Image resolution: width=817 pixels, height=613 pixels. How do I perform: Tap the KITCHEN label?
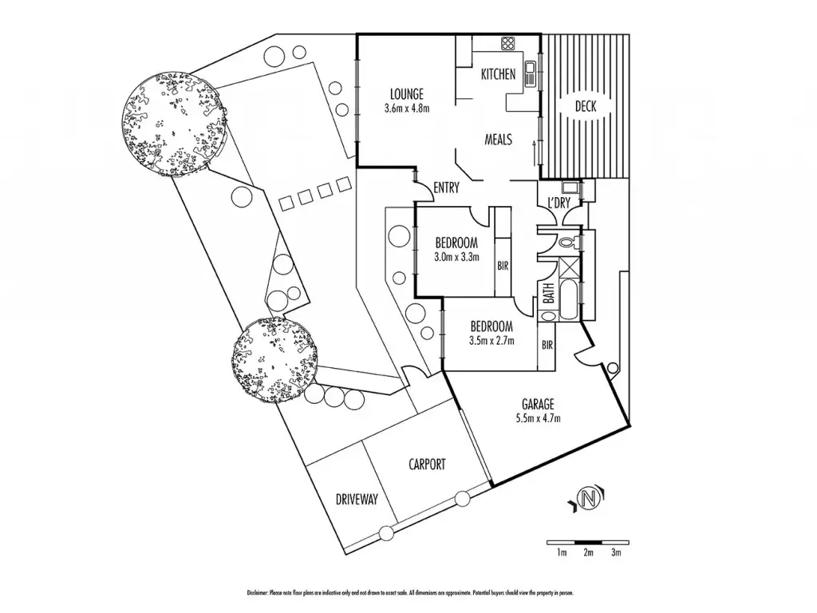[499, 74]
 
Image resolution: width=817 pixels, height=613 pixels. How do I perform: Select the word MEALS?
[499, 139]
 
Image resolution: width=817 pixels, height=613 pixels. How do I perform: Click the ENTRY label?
[446, 188]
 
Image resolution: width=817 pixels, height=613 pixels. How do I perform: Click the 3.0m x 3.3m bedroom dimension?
[456, 257]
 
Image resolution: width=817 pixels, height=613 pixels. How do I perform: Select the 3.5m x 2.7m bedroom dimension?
[491, 340]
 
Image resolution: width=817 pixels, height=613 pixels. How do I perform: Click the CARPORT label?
[427, 464]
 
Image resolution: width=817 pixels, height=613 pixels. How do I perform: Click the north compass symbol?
[588, 500]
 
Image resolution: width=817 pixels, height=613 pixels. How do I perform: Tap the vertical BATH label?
[549, 295]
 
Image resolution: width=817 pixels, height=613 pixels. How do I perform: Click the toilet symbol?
[566, 240]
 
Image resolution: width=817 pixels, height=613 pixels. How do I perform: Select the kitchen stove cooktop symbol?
[508, 42]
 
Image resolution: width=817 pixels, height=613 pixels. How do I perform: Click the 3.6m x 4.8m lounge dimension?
[406, 108]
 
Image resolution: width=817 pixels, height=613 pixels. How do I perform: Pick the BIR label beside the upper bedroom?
[503, 266]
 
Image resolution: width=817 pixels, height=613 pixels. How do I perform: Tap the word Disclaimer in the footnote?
[257, 593]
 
